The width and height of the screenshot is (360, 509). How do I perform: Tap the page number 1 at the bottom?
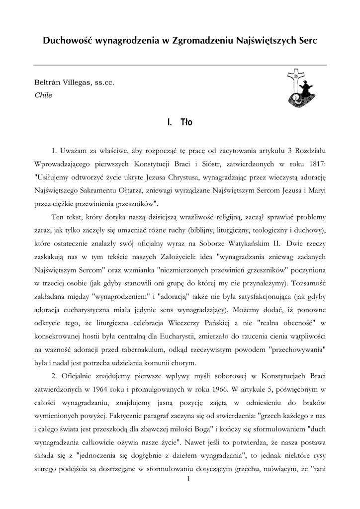click(188, 479)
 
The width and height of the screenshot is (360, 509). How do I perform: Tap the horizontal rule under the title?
click(180, 65)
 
